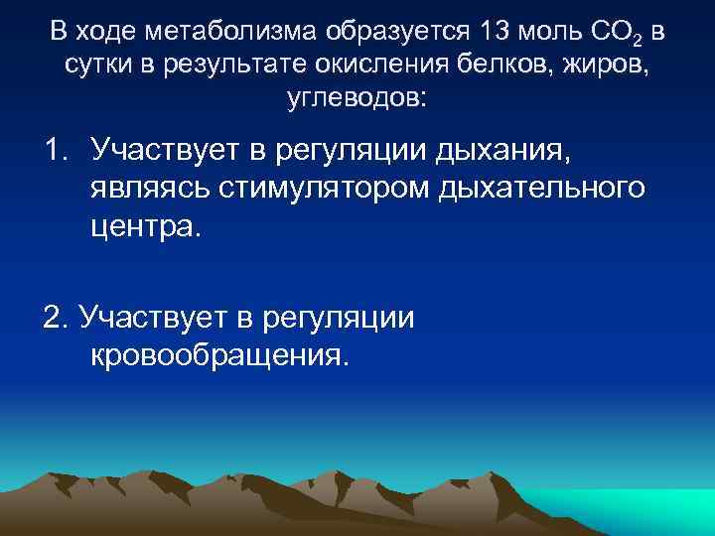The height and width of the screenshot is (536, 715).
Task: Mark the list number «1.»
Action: pyautogui.click(x=57, y=150)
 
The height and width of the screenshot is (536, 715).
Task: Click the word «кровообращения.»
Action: pyautogui.click(x=220, y=354)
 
